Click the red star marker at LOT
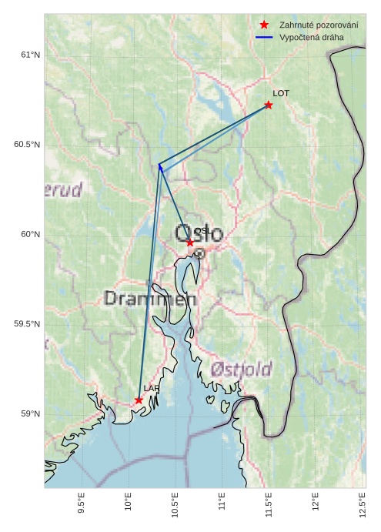[269, 105]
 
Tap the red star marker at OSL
[190, 243]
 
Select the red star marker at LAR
[139, 400]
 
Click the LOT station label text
[281, 93]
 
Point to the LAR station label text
[151, 389]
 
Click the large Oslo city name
[199, 233]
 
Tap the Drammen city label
[150, 299]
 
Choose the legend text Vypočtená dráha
[311, 37]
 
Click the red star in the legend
[264, 25]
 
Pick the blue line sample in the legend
[264, 37]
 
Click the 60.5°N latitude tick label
[27, 145]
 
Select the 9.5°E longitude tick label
[82, 504]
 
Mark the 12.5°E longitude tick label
[363, 504]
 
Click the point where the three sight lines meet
[159, 166]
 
